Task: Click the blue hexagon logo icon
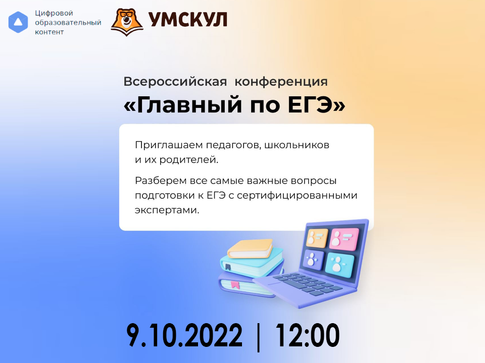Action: pyautogui.click(x=18, y=22)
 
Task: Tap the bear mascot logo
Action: pyautogui.click(x=127, y=22)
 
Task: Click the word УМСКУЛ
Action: pyautogui.click(x=188, y=20)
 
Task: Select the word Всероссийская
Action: pyautogui.click(x=175, y=82)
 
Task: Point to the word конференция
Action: pyautogui.click(x=281, y=82)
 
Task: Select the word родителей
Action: pyautogui.click(x=188, y=160)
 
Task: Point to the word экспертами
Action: pyautogui.click(x=167, y=210)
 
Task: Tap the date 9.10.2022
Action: pyautogui.click(x=184, y=335)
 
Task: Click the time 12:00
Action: pyautogui.click(x=307, y=335)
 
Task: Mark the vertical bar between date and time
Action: pyautogui.click(x=259, y=337)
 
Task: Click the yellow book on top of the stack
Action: pyautogui.click(x=250, y=249)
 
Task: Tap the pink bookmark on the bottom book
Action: pyautogui.click(x=235, y=284)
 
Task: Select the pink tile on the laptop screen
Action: pyautogui.click(x=344, y=238)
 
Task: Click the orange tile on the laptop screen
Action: pyautogui.click(x=317, y=238)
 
